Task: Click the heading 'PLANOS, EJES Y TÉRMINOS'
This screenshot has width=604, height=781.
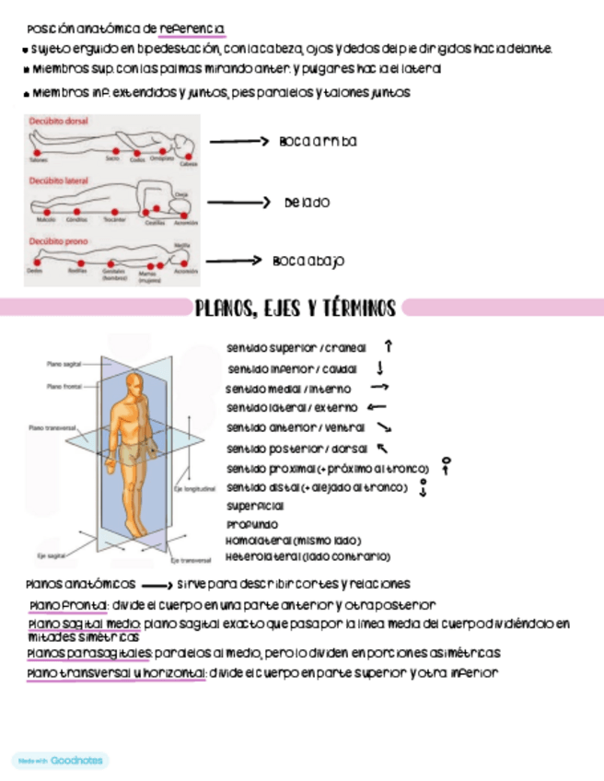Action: (295, 308)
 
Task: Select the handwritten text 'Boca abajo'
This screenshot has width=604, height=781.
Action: (308, 262)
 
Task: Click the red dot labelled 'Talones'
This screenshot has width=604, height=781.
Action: (38, 150)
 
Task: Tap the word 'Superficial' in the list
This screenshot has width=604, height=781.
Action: (255, 506)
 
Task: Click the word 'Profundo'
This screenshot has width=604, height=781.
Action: (251, 524)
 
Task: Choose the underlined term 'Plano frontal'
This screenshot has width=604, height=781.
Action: (67, 605)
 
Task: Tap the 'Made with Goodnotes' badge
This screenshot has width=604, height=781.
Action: (60, 761)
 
